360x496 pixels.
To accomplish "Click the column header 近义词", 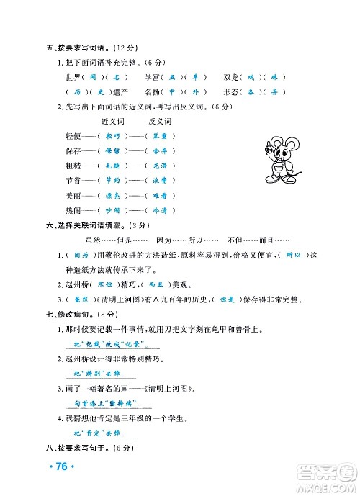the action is pos(114,121).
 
